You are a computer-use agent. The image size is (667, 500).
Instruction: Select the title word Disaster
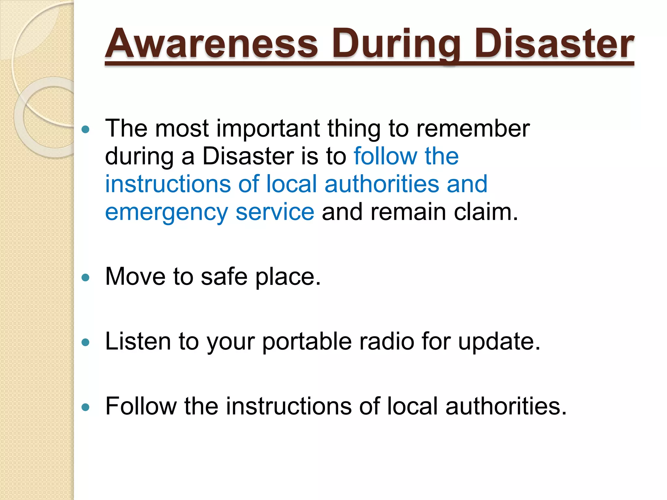click(x=554, y=44)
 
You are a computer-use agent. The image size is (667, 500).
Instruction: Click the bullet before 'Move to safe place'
click(x=86, y=278)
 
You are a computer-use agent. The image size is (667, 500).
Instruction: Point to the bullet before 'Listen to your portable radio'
click(x=86, y=342)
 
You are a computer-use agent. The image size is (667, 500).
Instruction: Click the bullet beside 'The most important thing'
click(x=86, y=130)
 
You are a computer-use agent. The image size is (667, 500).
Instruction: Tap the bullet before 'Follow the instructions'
click(x=86, y=407)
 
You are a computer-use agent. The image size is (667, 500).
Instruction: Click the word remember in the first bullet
click(x=473, y=128)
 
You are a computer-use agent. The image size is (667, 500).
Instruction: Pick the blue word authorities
click(x=382, y=184)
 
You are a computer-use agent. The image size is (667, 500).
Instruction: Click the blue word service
click(x=275, y=212)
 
